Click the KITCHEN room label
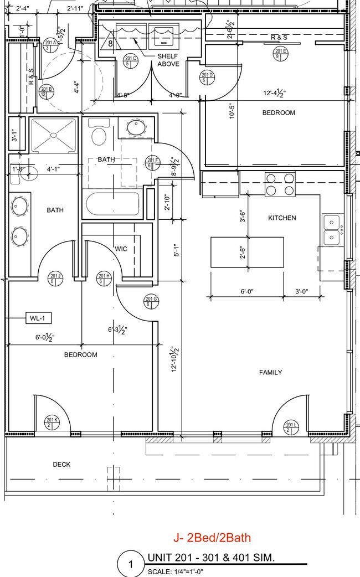282,218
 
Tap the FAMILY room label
270,373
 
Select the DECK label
61,464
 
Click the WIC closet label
121,249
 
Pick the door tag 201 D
207,78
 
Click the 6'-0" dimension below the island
247,291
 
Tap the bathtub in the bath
112,203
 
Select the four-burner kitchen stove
280,184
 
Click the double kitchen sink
332,230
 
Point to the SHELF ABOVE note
168,60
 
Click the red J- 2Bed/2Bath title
212,537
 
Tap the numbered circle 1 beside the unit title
131,565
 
